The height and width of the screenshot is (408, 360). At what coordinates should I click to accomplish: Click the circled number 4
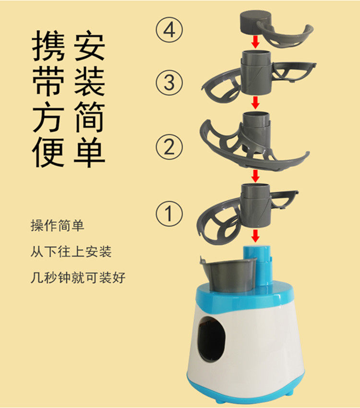point(169,30)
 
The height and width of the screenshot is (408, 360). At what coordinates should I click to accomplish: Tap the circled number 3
point(169,83)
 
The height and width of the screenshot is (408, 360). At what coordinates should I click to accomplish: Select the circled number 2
point(169,147)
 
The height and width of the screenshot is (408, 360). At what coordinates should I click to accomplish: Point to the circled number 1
point(169,214)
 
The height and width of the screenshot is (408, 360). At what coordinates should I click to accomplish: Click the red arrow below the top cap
point(256,42)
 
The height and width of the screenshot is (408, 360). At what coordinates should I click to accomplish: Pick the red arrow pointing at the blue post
point(256,236)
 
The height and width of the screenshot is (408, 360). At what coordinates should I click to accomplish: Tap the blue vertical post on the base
point(257,266)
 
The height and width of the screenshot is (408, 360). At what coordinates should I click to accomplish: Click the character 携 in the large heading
point(48,46)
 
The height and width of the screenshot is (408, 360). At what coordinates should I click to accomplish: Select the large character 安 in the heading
point(89,46)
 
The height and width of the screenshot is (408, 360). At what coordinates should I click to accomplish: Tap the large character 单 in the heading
point(89,152)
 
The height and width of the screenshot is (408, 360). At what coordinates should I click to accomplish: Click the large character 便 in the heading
point(48,153)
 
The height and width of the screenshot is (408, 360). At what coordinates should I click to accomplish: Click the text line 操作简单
point(58,225)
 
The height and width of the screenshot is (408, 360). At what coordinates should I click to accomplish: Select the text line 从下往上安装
point(71,252)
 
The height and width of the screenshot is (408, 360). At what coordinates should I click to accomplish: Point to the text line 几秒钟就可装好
point(78,277)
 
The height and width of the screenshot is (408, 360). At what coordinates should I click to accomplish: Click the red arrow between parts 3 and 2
point(256,103)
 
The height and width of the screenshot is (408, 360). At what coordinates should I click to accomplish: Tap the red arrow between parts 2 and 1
point(256,176)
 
